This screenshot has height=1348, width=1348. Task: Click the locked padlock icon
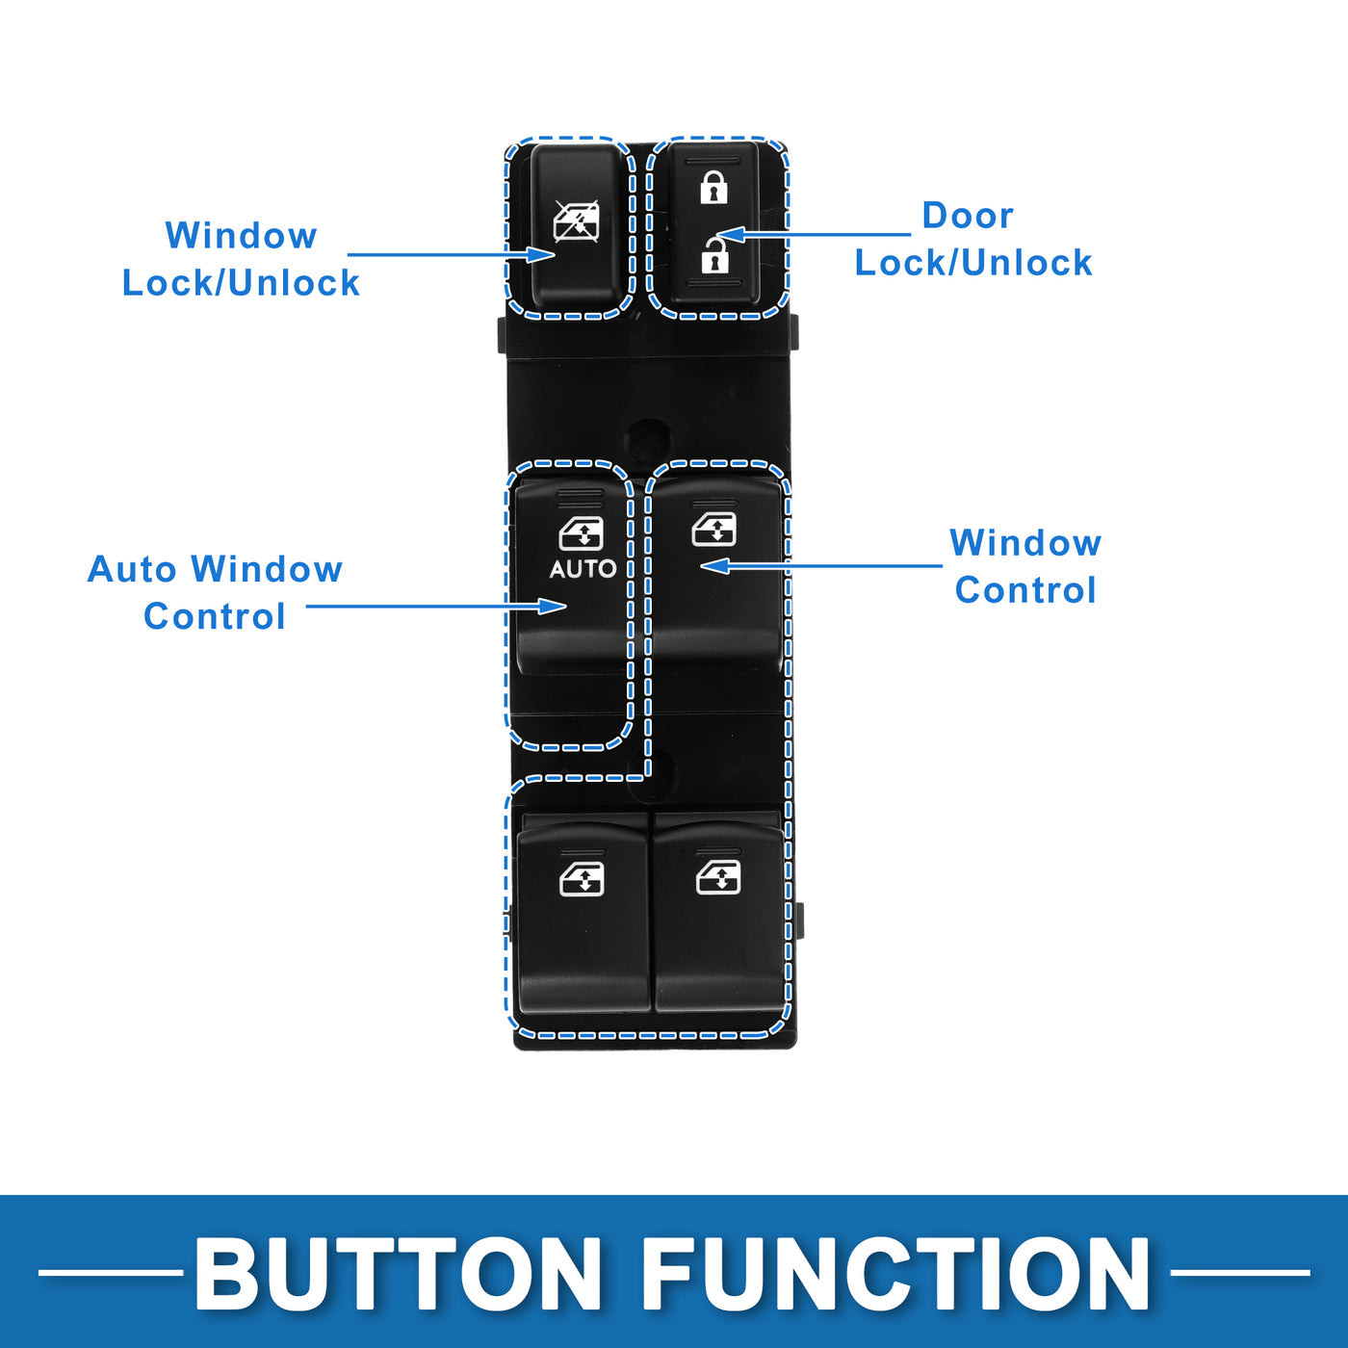[713, 187]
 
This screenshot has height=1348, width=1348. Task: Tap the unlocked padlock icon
[713, 255]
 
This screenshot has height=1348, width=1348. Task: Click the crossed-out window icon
[576, 221]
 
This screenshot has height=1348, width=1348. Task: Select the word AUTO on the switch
[583, 569]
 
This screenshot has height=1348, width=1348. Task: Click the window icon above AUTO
[582, 533]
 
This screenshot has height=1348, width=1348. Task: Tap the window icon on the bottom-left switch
[582, 878]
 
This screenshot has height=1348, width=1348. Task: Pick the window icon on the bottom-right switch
[718, 877]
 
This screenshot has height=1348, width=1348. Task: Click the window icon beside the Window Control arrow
[713, 529]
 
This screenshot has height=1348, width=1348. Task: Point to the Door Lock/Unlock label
[972, 239]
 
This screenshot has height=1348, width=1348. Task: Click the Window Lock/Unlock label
[241, 259]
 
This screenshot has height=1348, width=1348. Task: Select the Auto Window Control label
[215, 592]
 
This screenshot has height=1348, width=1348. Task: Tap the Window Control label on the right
[1025, 566]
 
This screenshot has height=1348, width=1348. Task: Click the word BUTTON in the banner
[398, 1273]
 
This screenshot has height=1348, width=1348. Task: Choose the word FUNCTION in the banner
[895, 1273]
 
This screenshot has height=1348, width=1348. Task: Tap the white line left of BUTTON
[110, 1273]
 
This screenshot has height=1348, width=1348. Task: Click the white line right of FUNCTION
[1240, 1273]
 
